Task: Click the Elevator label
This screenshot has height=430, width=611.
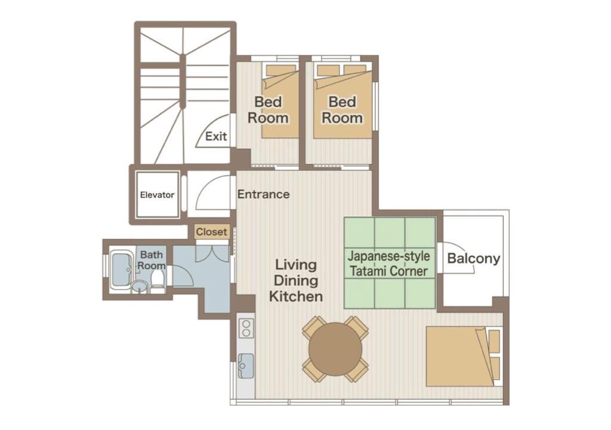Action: [157, 195]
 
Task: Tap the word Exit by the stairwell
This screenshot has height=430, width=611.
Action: [216, 136]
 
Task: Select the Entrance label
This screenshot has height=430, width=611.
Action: [263, 194]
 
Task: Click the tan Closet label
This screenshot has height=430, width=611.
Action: [211, 232]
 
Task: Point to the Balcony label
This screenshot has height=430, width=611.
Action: [473, 259]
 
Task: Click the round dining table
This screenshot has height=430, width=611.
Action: [335, 349]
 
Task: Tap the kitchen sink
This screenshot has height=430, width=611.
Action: [246, 365]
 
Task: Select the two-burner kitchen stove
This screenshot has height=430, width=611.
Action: [246, 328]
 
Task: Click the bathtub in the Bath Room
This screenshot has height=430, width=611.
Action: [122, 269]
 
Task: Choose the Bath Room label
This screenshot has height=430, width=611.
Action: [151, 260]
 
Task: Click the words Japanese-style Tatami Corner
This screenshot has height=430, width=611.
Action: [389, 264]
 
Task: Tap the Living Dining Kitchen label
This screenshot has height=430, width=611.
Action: [296, 281]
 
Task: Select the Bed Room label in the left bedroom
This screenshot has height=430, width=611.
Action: [268, 110]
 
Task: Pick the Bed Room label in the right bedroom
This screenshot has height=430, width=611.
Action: [342, 110]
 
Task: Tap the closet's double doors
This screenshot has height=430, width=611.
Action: [212, 254]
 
